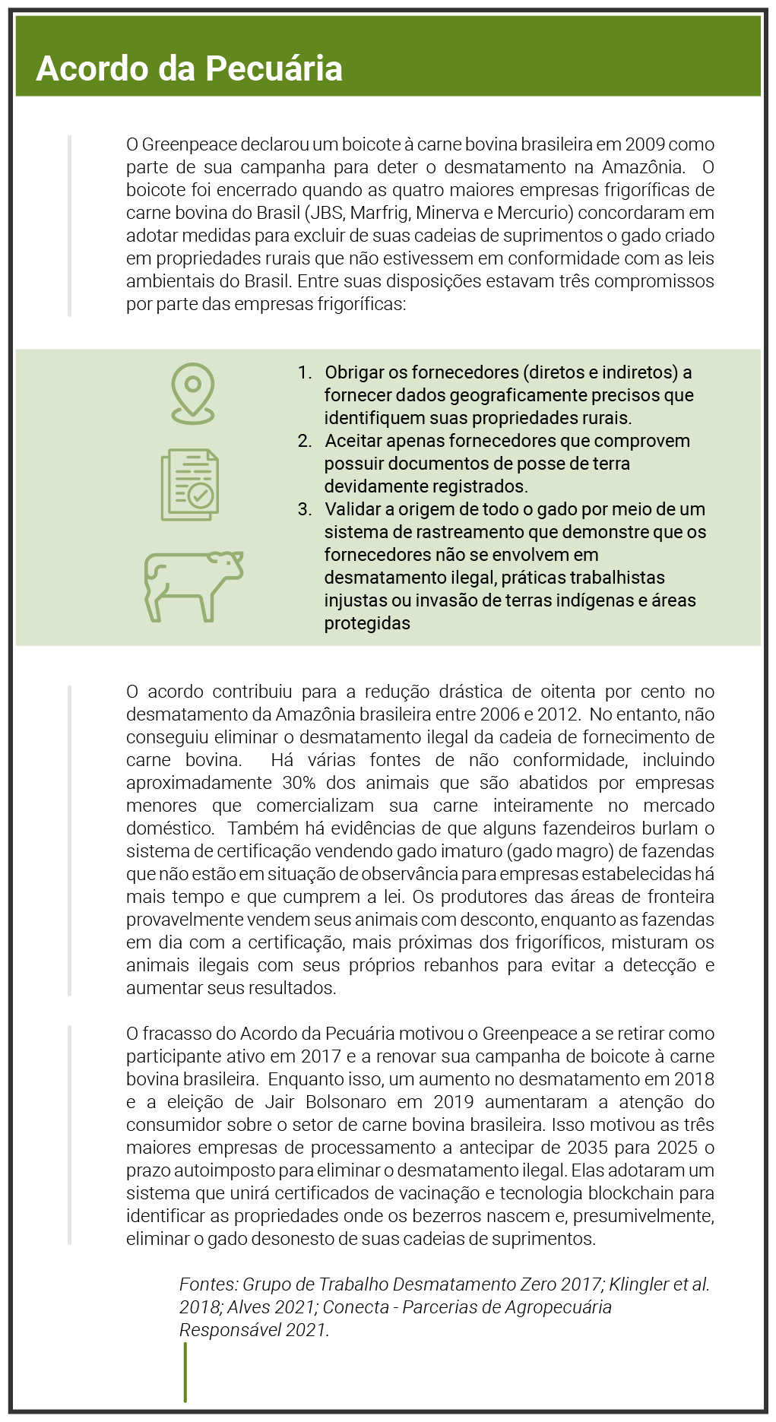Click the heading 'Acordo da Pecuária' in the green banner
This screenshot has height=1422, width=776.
click(189, 68)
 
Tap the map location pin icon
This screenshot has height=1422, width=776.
click(193, 393)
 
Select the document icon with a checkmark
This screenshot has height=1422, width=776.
click(190, 485)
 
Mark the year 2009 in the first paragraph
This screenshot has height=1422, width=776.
click(645, 144)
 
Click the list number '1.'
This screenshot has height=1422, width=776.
click(305, 372)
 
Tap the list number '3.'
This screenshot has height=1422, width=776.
click(305, 509)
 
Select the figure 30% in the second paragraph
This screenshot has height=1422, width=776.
click(299, 783)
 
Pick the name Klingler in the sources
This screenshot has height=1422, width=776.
click(638, 1284)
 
